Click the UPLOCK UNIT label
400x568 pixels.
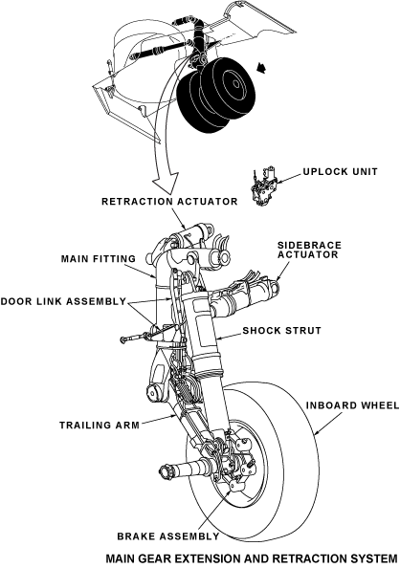340,171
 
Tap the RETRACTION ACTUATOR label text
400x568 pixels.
169,201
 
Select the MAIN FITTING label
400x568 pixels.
99,258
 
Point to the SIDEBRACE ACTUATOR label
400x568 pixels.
309,250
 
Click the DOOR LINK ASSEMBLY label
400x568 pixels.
63,301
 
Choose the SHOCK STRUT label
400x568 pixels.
281,330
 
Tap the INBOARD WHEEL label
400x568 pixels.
352,405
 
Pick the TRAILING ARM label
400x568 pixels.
100,425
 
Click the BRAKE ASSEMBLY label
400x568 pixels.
168,536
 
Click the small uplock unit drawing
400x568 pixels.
265,186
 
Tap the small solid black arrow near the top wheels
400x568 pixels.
260,67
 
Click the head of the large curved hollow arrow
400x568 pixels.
165,184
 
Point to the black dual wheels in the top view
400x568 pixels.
215,95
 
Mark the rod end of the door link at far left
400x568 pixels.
124,339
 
